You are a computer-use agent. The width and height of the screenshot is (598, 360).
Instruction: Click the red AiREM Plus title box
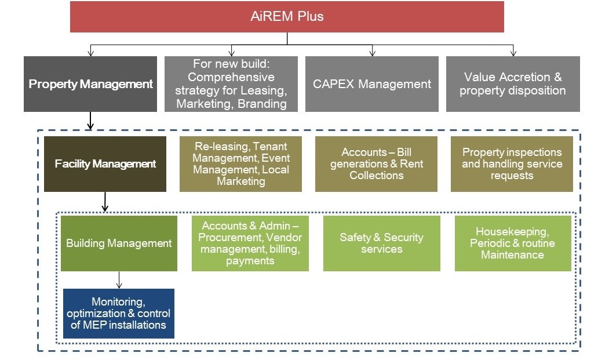(x=287, y=16)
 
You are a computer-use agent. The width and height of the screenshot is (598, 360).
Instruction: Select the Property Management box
(x=90, y=84)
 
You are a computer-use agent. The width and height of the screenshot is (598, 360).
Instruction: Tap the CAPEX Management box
(x=372, y=84)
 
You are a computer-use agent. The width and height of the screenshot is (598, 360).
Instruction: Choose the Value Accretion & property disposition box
(x=513, y=84)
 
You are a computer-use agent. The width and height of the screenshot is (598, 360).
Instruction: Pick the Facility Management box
(x=105, y=164)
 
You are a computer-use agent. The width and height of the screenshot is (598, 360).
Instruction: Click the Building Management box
(x=119, y=243)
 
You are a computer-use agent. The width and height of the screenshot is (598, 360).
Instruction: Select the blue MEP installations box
(x=119, y=314)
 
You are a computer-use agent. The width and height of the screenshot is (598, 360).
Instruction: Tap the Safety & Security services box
(x=382, y=243)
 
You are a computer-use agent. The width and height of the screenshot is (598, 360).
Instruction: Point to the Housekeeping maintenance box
(x=513, y=243)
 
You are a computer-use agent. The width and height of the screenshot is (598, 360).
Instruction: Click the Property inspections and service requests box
(x=512, y=164)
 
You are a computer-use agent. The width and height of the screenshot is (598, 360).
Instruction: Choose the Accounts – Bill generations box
(x=377, y=164)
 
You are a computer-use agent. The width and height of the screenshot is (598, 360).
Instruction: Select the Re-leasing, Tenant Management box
(x=240, y=164)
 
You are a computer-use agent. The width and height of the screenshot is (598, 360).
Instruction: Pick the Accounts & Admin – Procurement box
(x=250, y=243)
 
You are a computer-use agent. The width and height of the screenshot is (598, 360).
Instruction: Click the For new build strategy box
(x=231, y=84)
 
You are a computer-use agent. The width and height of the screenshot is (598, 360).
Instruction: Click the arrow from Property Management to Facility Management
(x=90, y=121)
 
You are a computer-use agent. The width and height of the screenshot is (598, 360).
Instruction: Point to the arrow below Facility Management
(x=105, y=202)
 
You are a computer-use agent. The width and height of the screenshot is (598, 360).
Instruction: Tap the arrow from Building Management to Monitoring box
(x=119, y=280)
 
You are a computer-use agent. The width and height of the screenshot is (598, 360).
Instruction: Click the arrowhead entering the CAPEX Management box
(x=372, y=53)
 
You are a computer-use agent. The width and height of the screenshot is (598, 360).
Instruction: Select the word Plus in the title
(x=311, y=16)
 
